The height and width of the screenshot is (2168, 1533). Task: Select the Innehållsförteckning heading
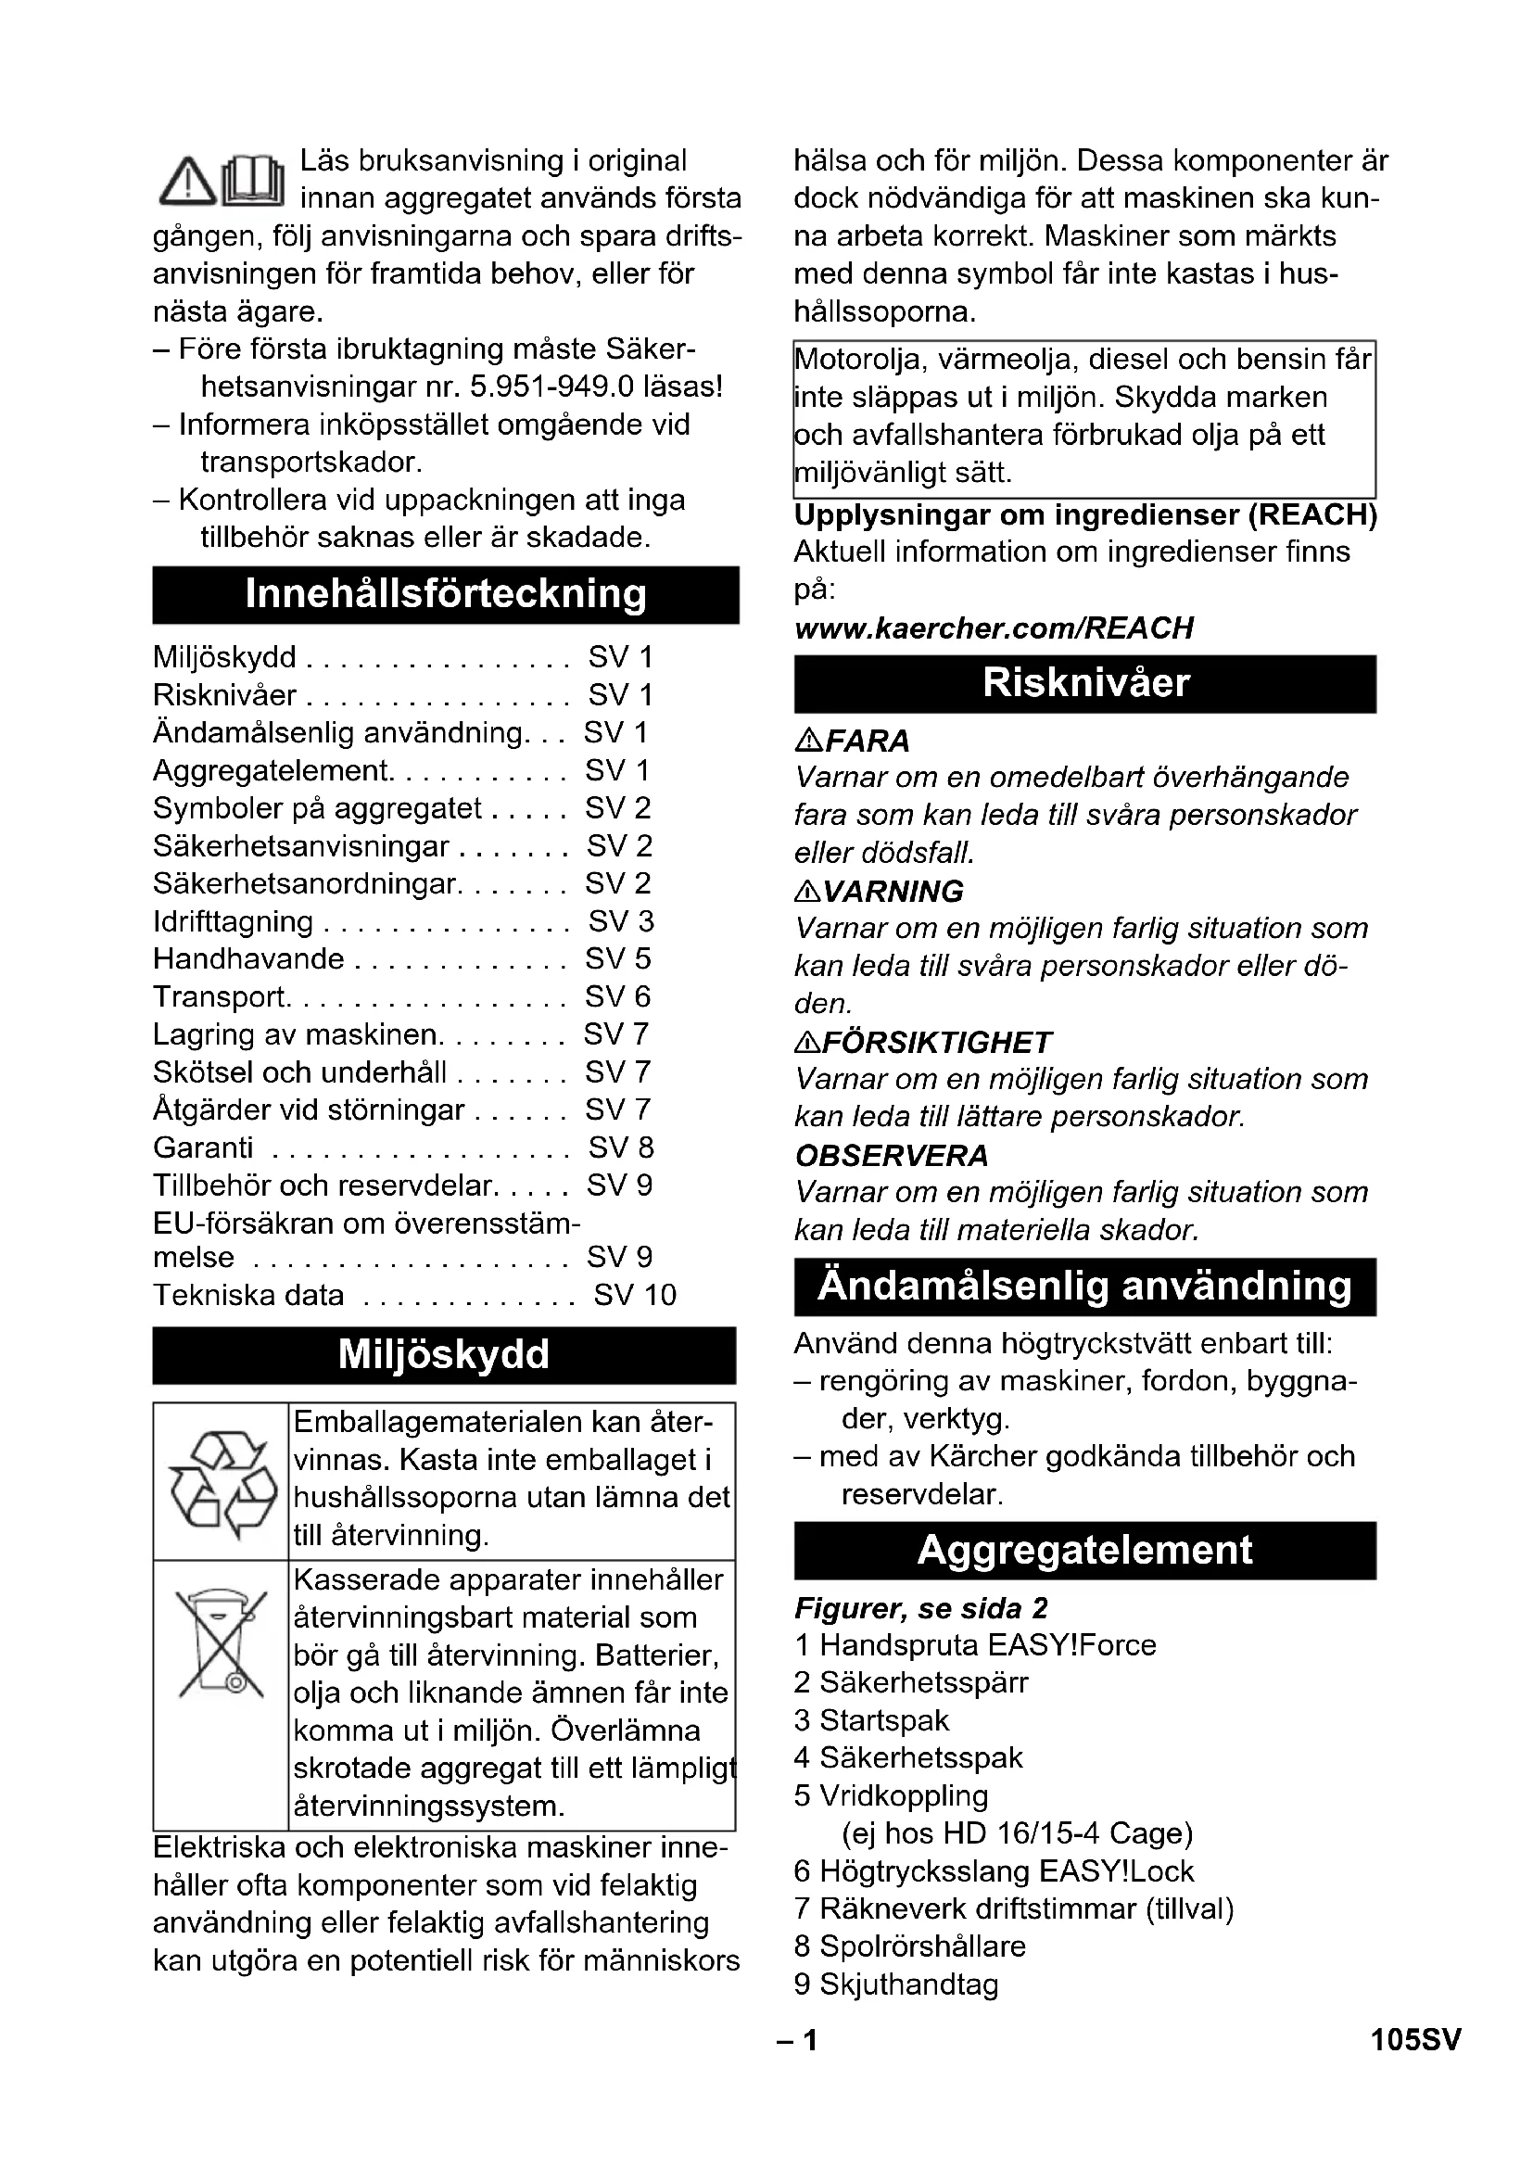tap(446, 595)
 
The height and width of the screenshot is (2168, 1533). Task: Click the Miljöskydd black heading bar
tap(444, 1355)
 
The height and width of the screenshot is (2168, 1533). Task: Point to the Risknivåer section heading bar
tap(1084, 684)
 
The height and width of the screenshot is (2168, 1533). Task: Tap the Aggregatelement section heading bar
tap(1084, 1551)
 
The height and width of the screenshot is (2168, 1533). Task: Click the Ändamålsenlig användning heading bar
tap(1084, 1287)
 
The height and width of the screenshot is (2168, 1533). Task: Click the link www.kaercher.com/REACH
tap(994, 628)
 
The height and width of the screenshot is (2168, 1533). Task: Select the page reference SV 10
tap(634, 1295)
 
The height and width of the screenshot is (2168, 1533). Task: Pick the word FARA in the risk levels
tap(867, 742)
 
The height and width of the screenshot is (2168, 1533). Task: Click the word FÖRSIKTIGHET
tap(936, 1043)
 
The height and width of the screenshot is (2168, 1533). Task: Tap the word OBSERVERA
tap(891, 1156)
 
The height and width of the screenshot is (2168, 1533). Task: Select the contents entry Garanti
tap(203, 1147)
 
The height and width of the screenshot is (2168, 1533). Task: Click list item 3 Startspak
tap(871, 1720)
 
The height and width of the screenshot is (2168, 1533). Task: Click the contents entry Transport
tap(220, 997)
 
